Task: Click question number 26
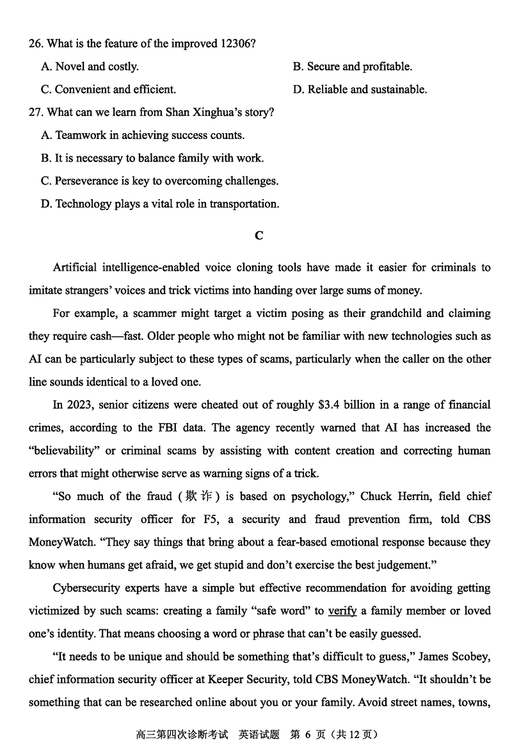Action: pyautogui.click(x=36, y=44)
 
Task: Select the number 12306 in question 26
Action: pyautogui.click(x=237, y=44)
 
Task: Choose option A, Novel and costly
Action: pyautogui.click(x=90, y=67)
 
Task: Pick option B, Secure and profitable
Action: pyautogui.click(x=353, y=67)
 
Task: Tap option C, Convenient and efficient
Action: pyautogui.click(x=108, y=90)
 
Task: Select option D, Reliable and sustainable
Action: pyautogui.click(x=360, y=90)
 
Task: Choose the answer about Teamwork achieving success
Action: pyautogui.click(x=142, y=136)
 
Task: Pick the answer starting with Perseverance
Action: pyautogui.click(x=159, y=181)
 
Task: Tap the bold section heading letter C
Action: pyautogui.click(x=259, y=236)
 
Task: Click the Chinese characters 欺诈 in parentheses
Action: pyautogui.click(x=195, y=496)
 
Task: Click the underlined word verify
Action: pyautogui.click(x=342, y=611)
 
